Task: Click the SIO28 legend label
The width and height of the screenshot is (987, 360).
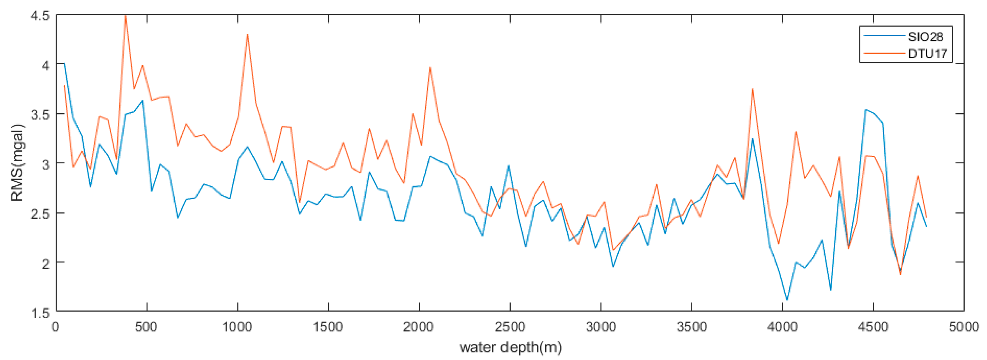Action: (x=925, y=37)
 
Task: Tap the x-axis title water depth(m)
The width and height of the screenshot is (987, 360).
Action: (x=510, y=347)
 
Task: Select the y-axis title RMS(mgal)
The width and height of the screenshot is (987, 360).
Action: (x=18, y=163)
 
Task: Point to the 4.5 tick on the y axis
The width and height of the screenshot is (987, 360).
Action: (x=40, y=16)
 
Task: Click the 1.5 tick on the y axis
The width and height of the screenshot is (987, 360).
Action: (x=40, y=313)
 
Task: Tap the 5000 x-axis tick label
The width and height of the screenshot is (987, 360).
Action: (x=963, y=327)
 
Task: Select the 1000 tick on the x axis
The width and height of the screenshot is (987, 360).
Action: (x=238, y=327)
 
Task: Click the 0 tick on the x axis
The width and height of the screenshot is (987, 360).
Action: (x=56, y=327)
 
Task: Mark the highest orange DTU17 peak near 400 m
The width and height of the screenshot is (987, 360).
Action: (x=126, y=16)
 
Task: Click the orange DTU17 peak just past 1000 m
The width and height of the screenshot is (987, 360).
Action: (x=247, y=34)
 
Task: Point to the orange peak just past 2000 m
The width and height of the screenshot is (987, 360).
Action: (x=430, y=68)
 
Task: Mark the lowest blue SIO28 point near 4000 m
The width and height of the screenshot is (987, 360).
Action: (x=787, y=300)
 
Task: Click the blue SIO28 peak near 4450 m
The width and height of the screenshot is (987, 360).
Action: (x=866, y=110)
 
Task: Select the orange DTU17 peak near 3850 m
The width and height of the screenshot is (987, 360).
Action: (x=752, y=89)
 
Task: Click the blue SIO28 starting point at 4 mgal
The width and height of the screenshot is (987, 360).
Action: (x=64, y=64)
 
